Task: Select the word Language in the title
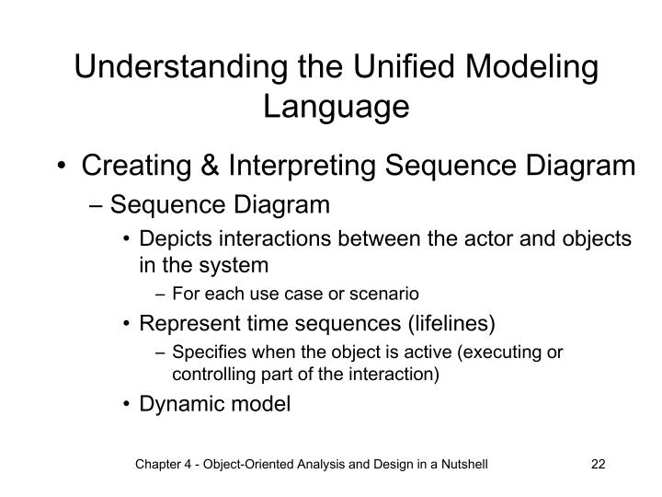click(336, 107)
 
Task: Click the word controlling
click(206, 374)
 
